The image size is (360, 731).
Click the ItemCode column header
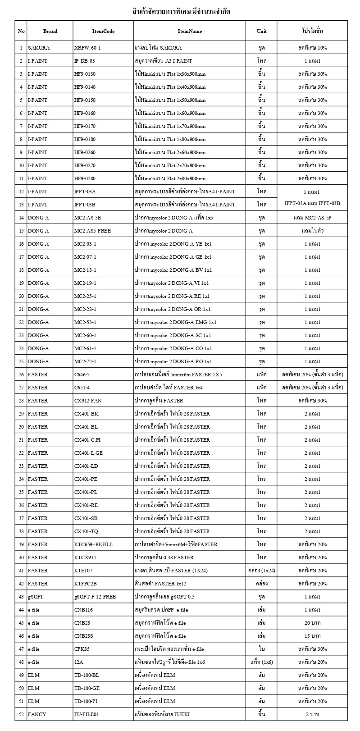point(103,31)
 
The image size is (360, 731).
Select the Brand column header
point(50,31)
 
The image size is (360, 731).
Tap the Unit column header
point(261,31)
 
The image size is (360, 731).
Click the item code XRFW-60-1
point(87,47)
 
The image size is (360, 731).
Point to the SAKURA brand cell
point(39,47)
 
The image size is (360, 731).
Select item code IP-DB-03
point(85,60)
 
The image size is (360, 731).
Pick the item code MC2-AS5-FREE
point(92,231)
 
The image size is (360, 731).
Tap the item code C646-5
point(82,375)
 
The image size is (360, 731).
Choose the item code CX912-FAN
point(87,401)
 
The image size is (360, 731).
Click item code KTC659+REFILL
point(94,544)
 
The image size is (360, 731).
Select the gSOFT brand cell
point(36,597)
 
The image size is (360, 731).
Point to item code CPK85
point(82,649)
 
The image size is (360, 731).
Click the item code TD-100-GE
point(87,688)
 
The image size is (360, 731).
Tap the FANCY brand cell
point(37,714)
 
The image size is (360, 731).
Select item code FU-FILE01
point(87,714)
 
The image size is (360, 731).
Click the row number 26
point(21,375)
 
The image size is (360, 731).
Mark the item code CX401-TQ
point(86,531)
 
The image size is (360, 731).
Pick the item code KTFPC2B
point(86,584)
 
